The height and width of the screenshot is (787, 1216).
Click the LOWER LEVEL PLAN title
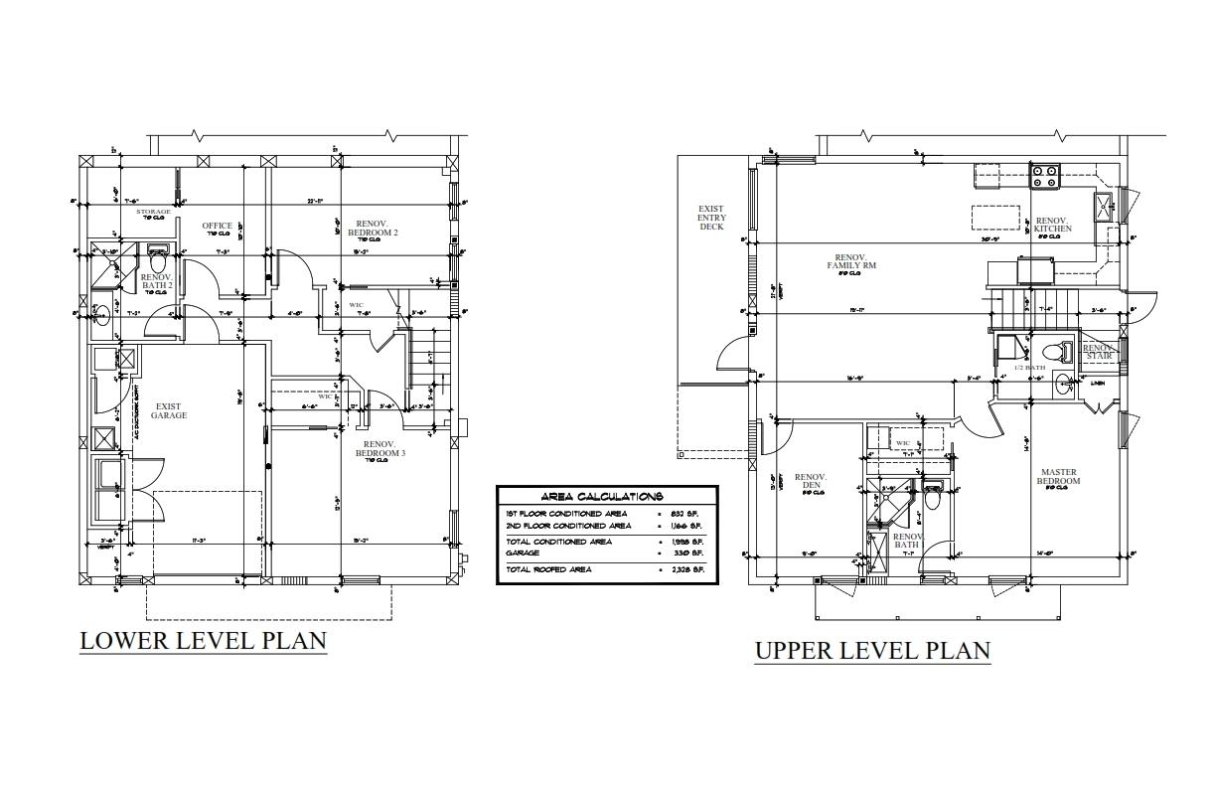point(203,640)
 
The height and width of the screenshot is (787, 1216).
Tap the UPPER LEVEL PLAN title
point(872,651)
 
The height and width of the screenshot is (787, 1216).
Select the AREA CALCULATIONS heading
point(605,496)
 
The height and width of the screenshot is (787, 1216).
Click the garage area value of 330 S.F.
point(691,552)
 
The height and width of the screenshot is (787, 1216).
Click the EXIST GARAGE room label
point(169,410)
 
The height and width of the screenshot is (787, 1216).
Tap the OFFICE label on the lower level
point(217,227)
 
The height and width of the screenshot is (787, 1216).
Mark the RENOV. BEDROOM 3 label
point(380,449)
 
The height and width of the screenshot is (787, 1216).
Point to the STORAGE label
point(153,213)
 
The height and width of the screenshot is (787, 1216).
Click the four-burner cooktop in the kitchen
point(1044,176)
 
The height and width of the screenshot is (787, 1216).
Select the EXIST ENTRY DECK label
point(711,218)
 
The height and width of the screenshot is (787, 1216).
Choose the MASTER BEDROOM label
point(1060,477)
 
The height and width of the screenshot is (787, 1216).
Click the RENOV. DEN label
point(811,482)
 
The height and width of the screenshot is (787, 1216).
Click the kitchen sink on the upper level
point(1104,207)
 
